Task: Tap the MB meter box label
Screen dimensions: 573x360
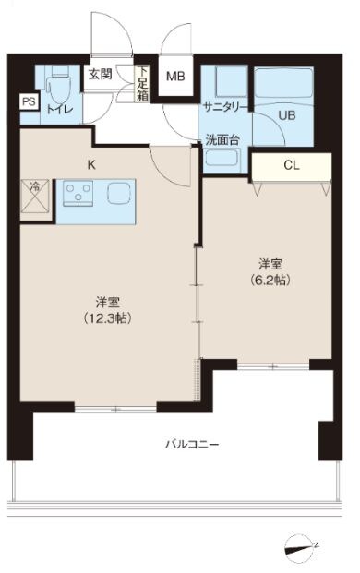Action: pos(174,78)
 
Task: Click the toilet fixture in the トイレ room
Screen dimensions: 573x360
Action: pos(57,88)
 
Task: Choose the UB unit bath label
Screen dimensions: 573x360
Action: pos(286,116)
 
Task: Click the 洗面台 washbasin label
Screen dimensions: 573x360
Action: pos(223,141)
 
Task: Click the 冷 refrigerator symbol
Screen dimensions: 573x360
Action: pos(35,197)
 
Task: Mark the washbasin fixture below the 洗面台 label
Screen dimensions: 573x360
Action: pos(222,160)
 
